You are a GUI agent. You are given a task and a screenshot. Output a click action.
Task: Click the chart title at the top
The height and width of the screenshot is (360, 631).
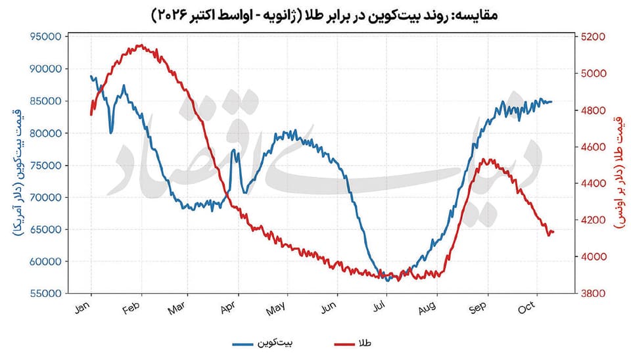coord(324,15)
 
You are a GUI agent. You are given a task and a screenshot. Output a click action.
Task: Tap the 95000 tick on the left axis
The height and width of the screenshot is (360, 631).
coord(46,37)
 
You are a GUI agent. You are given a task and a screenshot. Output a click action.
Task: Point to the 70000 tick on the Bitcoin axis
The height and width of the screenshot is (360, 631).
coord(46,198)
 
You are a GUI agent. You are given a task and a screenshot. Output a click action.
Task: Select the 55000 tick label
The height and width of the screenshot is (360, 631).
coord(46,294)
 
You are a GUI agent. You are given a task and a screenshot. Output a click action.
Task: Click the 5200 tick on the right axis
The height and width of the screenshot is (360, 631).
coord(593,37)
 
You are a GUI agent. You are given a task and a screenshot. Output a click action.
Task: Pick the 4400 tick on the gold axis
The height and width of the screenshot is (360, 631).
coord(593,183)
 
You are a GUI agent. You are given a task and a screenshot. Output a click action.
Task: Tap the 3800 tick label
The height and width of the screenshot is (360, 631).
coord(593,294)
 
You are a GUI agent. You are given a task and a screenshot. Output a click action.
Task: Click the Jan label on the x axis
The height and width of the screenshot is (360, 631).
coord(83,307)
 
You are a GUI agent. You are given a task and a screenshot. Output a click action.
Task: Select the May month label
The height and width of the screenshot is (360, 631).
coord(276,309)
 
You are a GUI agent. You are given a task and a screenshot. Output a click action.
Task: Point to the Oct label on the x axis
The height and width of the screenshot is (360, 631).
coord(526,307)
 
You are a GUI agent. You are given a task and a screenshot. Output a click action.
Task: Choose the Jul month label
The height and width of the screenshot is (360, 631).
coord(379,307)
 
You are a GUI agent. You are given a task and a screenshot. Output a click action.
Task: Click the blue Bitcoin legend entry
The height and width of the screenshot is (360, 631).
coord(262,344)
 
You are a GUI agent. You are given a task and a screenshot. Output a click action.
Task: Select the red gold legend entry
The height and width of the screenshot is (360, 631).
coord(352,344)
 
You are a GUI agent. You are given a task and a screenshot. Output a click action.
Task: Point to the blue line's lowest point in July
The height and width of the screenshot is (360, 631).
coord(388,281)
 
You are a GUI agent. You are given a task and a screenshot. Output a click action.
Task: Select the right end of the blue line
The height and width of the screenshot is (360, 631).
coord(551,102)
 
